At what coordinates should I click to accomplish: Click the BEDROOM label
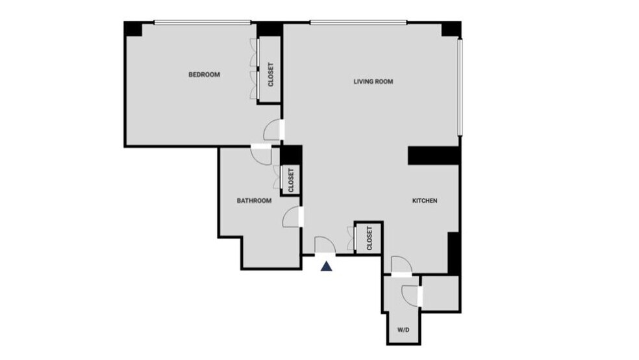[x=204, y=75]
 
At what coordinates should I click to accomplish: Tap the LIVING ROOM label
[x=373, y=82]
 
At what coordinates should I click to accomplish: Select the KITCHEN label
[x=425, y=201]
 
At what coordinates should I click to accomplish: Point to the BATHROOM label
[x=253, y=201]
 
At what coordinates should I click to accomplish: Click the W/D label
[x=403, y=330]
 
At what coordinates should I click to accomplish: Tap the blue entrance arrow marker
[x=328, y=264]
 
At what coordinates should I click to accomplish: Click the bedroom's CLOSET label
[x=270, y=75]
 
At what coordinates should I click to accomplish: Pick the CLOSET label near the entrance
[x=369, y=238]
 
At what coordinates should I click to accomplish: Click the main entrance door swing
[x=324, y=245]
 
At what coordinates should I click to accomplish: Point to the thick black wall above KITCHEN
[x=434, y=155]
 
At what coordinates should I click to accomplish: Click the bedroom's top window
[x=202, y=24]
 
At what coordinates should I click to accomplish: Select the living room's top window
[x=358, y=24]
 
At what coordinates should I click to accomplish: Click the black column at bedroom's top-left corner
[x=133, y=29]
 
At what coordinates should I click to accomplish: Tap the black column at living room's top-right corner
[x=451, y=29]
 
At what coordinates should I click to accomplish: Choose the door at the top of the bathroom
[x=261, y=155]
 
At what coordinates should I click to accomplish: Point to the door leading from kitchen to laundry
[x=401, y=266]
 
